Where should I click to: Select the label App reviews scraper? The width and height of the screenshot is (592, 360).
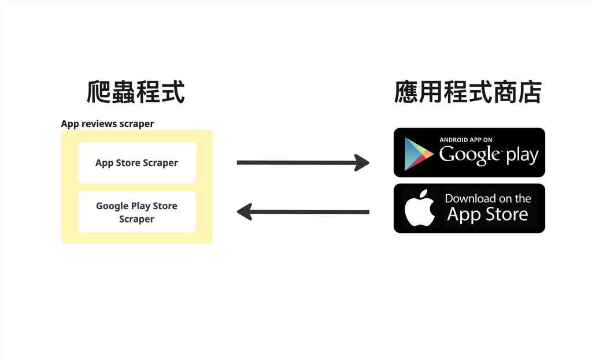108,124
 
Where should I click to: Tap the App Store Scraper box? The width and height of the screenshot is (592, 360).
136,163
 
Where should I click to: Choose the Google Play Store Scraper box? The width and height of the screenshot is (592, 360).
136,212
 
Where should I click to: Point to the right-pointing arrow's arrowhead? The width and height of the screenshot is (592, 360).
362,162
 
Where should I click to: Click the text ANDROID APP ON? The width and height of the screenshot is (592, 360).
466,140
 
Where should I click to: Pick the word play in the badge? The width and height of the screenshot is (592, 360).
522,155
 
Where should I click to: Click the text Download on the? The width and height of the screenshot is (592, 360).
488,198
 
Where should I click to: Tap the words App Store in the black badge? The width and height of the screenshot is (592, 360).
488,215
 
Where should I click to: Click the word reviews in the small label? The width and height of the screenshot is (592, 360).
99,124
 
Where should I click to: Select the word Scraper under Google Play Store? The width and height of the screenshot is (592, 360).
136,219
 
